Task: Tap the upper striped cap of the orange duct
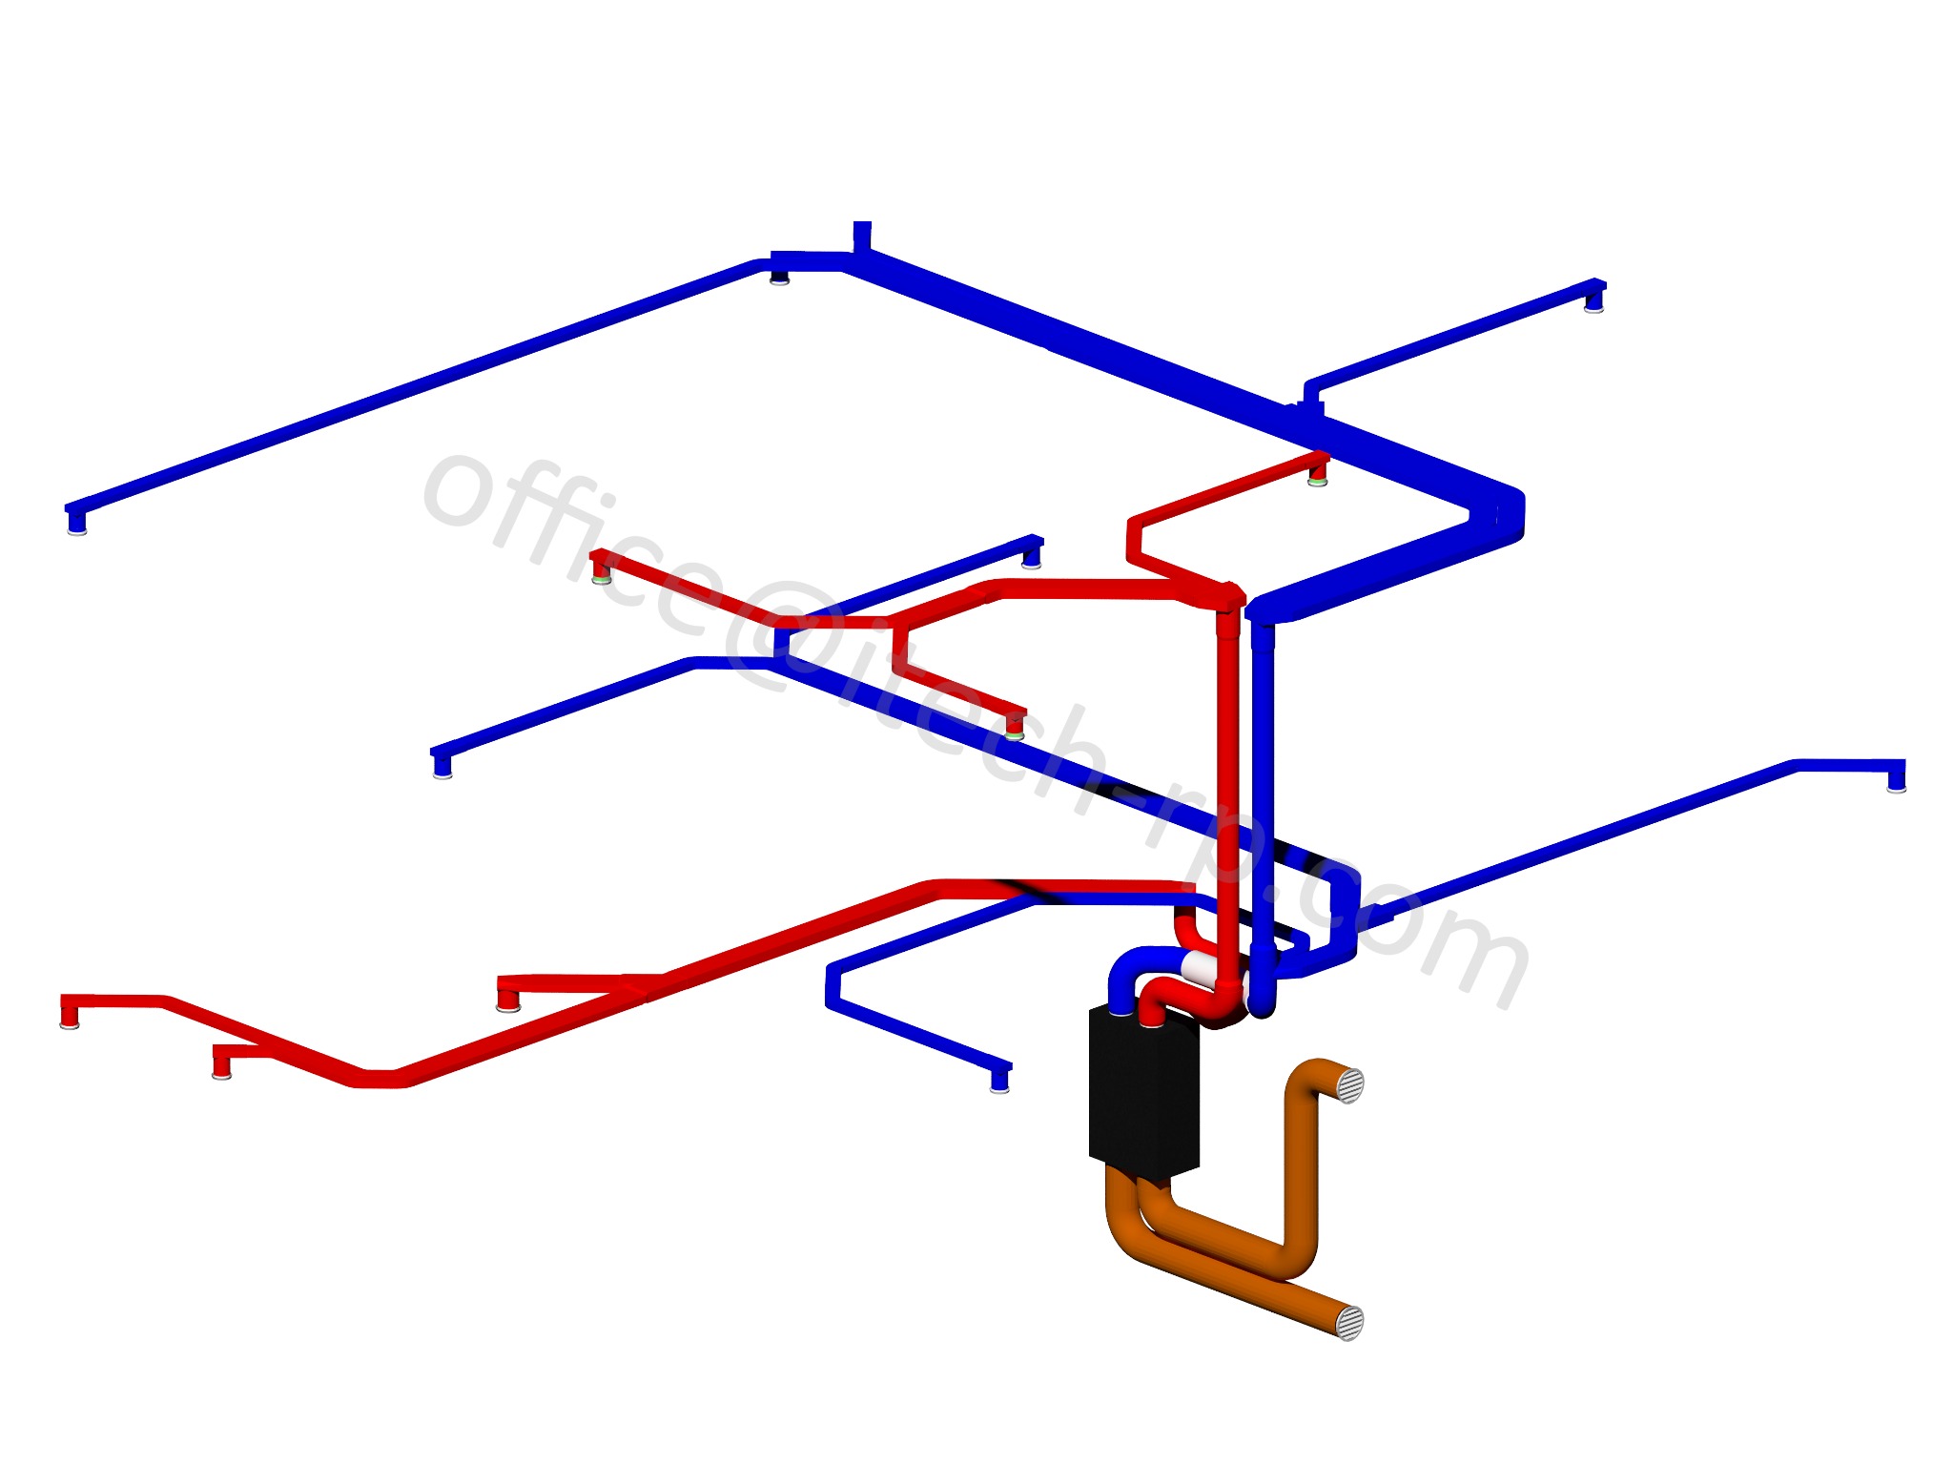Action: coord(1348,1085)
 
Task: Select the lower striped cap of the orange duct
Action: coord(1349,1322)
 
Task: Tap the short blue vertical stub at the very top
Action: coord(861,236)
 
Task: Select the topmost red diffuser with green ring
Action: coord(1318,474)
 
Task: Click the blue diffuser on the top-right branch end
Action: coord(1593,302)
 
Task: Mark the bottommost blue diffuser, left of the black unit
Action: coord(999,1082)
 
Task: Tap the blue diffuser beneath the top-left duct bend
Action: coord(779,278)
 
